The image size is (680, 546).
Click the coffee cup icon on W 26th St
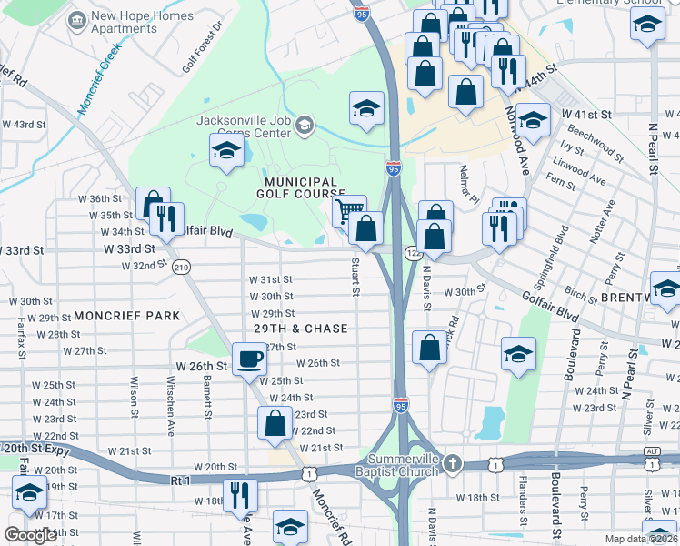pyautogui.click(x=249, y=358)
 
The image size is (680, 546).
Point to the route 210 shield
pyautogui.click(x=181, y=267)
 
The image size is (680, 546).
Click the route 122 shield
pyautogui.click(x=413, y=251)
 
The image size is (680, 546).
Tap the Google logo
pyautogui.click(x=31, y=535)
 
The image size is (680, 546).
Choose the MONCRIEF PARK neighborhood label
pyautogui.click(x=127, y=315)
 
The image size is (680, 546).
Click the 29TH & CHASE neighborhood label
pyautogui.click(x=302, y=329)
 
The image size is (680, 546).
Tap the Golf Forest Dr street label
pyautogui.click(x=201, y=51)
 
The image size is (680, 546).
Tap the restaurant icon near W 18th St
pyautogui.click(x=240, y=494)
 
